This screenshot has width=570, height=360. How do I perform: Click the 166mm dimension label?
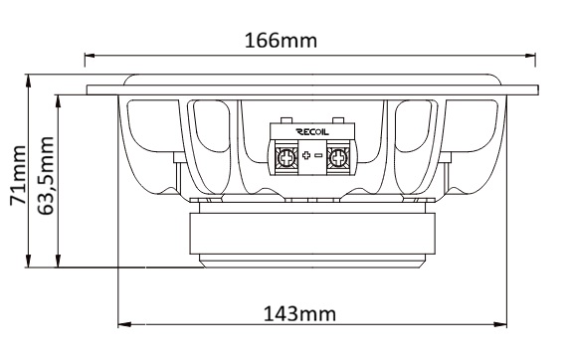click(281, 41)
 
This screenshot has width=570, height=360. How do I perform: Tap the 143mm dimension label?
click(299, 314)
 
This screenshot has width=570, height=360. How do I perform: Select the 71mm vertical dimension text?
click(18, 175)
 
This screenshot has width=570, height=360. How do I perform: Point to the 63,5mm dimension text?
click(46, 176)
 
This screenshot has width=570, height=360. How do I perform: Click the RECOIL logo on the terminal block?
click(312, 132)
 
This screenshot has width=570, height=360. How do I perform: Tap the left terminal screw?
click(286, 158)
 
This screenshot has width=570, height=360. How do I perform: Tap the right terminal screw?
click(338, 158)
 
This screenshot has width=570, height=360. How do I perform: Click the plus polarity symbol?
click(306, 155)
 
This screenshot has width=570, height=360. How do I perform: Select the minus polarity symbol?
click(318, 155)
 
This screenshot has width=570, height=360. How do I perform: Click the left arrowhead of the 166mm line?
click(90, 56)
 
